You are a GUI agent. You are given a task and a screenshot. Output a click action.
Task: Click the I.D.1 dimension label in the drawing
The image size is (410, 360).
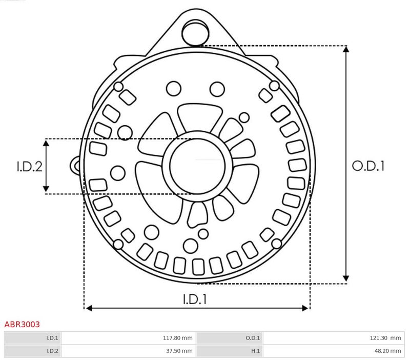195,299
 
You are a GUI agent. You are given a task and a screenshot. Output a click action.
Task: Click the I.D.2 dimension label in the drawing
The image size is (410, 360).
29,167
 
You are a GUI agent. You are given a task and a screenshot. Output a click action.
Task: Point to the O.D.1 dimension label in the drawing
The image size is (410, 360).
368,166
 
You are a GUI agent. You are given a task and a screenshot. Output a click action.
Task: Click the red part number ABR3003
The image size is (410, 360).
22,325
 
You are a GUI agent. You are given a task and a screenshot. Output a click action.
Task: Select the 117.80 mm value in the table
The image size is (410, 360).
177,338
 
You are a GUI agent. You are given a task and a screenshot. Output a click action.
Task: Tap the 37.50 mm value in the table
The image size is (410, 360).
179,351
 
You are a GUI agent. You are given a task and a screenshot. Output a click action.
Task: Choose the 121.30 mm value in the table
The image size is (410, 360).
385,338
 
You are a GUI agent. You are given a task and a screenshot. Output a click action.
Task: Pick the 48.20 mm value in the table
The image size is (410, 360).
387,351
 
